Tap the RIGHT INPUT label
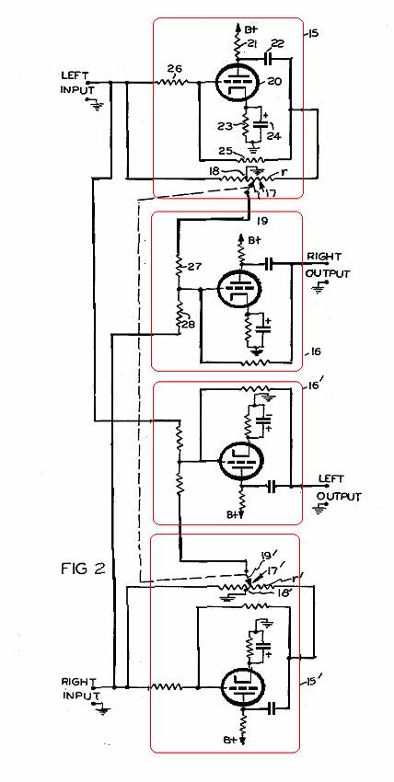tap(76, 688)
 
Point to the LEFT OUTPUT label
tap(339, 488)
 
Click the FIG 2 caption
tap(83, 569)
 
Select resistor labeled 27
tap(179, 266)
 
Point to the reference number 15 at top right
tap(313, 34)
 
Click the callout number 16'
tap(314, 388)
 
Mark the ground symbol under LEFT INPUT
tap(95, 103)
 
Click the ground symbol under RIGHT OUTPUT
tap(318, 288)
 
